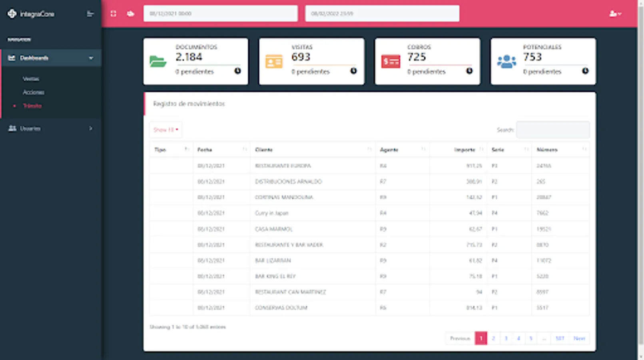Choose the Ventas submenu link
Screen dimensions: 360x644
(31, 79)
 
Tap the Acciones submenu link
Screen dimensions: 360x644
(34, 92)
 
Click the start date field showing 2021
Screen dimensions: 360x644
(220, 14)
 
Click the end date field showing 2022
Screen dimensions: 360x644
(382, 14)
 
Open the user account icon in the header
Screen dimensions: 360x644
(615, 14)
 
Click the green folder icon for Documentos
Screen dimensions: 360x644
(158, 62)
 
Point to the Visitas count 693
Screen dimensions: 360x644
(301, 57)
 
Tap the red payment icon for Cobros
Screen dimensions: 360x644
(391, 62)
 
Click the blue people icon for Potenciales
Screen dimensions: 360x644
(506, 62)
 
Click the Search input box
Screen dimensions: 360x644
(552, 130)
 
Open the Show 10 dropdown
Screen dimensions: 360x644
(165, 130)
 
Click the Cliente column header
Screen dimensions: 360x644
(264, 150)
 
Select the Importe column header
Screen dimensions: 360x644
(464, 150)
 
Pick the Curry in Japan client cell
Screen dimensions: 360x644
(272, 213)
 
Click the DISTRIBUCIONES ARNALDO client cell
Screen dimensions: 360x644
(288, 182)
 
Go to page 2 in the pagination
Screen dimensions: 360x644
(493, 338)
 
